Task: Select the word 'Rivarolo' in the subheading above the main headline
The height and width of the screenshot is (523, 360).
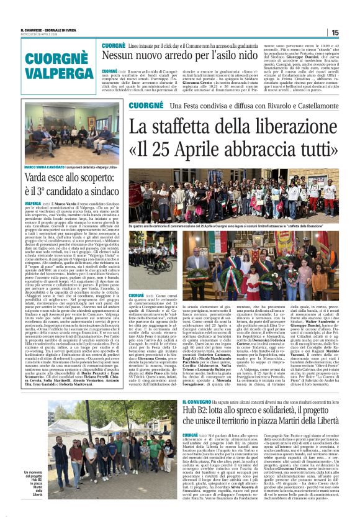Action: click(259, 106)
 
